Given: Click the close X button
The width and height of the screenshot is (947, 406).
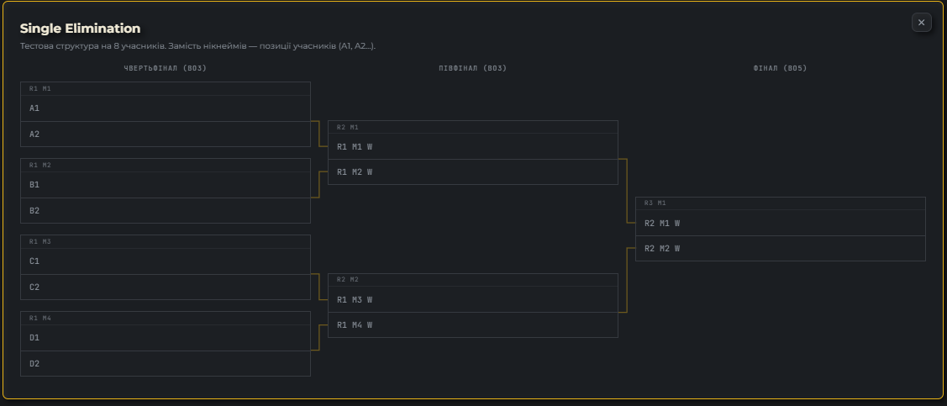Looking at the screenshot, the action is (x=921, y=23).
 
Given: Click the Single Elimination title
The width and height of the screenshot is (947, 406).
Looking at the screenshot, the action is (x=81, y=29).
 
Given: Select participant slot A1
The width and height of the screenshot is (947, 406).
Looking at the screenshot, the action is (x=166, y=108).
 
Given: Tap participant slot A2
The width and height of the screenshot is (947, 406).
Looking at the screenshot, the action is (x=166, y=134).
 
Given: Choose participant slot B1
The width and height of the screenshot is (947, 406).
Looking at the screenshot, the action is (x=166, y=185).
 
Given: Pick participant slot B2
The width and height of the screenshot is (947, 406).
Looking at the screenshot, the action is (x=166, y=211).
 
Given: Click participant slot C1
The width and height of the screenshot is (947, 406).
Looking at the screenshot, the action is (x=166, y=261).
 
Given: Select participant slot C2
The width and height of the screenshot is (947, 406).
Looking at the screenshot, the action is (x=166, y=287).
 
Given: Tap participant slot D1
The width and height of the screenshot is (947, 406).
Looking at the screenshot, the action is (x=166, y=338).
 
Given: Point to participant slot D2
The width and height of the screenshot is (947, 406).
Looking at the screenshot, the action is (x=166, y=364).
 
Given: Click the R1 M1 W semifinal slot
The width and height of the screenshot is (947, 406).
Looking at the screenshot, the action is (x=473, y=146).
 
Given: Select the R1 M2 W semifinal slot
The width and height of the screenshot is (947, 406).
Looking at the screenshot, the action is (x=473, y=172).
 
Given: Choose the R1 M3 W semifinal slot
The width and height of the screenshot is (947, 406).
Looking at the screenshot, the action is (x=473, y=299).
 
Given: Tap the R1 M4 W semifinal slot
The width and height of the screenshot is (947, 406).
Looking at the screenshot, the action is (x=473, y=325).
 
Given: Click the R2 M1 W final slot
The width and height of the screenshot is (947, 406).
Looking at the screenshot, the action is (x=781, y=223).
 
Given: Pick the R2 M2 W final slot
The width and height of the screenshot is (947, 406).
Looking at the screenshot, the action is (x=781, y=248).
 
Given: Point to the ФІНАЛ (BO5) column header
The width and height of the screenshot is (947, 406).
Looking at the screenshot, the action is (x=781, y=68).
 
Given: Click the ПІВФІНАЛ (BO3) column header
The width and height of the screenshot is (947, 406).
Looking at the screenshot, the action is (x=473, y=68).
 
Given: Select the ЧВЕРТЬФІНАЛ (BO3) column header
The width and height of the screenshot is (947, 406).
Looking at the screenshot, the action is (x=166, y=68).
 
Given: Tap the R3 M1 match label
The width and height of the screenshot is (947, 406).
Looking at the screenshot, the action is (x=655, y=203).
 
